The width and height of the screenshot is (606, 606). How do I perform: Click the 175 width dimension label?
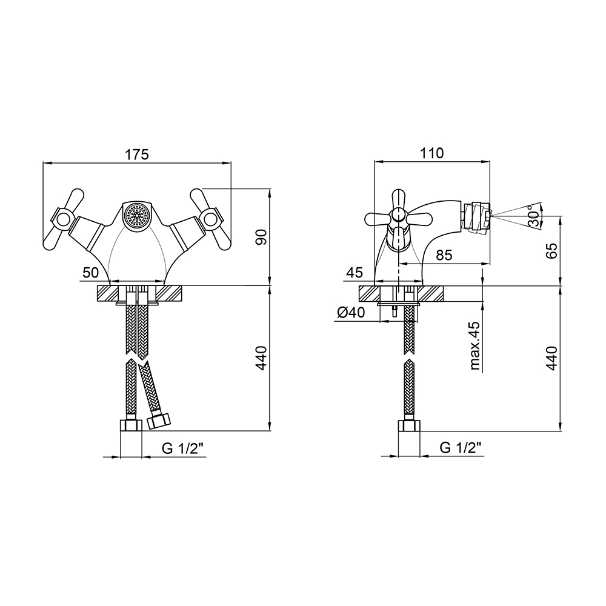(137, 154)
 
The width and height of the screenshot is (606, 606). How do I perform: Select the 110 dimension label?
(431, 153)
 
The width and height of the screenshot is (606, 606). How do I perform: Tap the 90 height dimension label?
(262, 236)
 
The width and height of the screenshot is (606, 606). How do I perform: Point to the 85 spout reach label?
(444, 255)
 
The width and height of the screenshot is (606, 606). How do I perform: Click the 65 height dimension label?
(552, 250)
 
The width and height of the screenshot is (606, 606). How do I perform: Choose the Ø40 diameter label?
(350, 312)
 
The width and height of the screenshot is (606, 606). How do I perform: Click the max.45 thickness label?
(475, 345)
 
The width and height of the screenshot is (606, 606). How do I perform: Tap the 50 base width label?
(91, 273)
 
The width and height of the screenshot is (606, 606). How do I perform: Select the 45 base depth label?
(355, 273)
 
